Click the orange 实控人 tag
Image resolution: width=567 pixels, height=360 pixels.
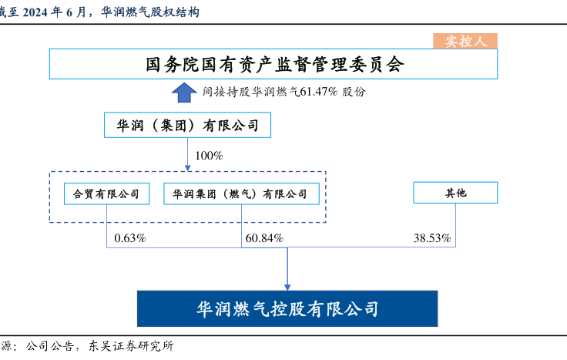click(x=467, y=42)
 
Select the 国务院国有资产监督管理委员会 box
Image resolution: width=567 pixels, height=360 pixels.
click(x=273, y=64)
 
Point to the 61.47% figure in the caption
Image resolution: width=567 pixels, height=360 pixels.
click(x=318, y=91)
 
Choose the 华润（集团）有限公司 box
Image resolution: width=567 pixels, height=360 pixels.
click(x=188, y=125)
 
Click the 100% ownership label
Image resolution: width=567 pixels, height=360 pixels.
click(x=208, y=156)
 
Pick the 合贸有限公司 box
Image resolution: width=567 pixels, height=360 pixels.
click(x=106, y=193)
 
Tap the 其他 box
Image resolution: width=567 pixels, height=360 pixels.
click(x=455, y=193)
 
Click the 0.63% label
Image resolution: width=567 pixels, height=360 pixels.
click(x=129, y=237)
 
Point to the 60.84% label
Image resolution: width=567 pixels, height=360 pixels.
click(x=264, y=237)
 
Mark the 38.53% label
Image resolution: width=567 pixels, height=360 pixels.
click(x=431, y=237)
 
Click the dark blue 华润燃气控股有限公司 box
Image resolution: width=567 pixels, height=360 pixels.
click(x=287, y=308)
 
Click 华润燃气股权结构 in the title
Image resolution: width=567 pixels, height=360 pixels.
click(x=149, y=12)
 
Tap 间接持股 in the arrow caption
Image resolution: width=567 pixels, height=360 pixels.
click(x=225, y=91)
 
